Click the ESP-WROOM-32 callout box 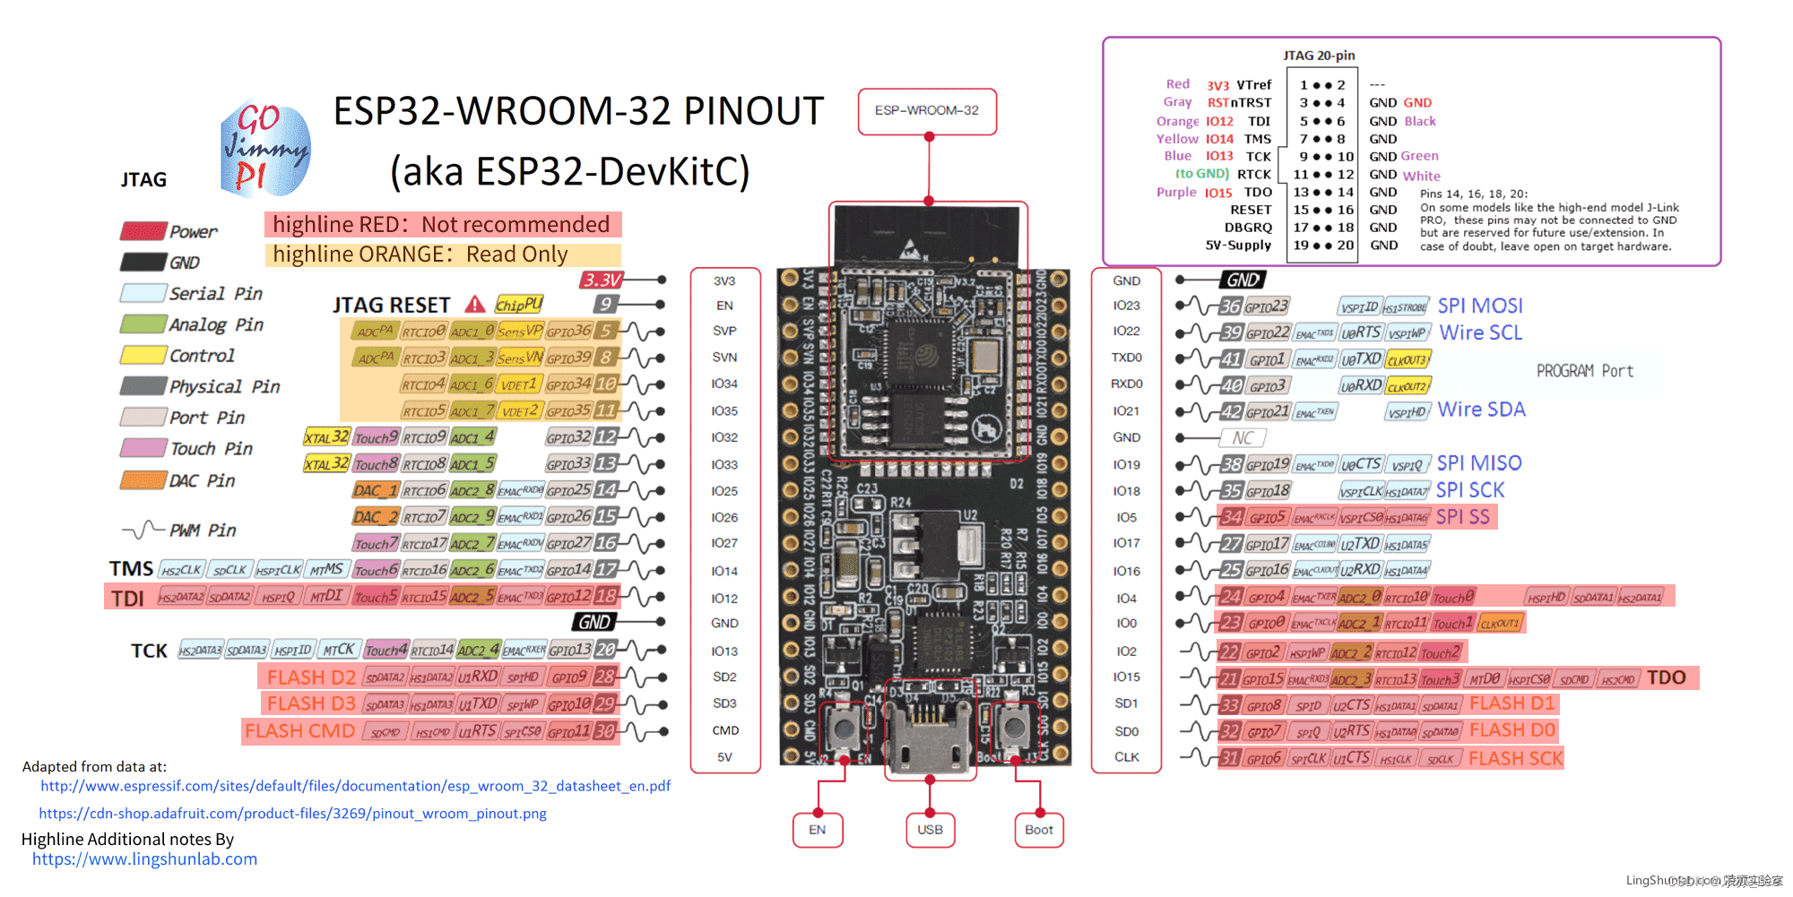pyautogui.click(x=927, y=111)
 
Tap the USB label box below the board pyautogui.click(x=930, y=830)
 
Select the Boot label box pyautogui.click(x=1039, y=830)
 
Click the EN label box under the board pyautogui.click(x=817, y=830)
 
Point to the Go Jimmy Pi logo pyautogui.click(x=265, y=149)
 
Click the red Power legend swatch pyautogui.click(x=143, y=231)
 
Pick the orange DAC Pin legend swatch pyautogui.click(x=143, y=480)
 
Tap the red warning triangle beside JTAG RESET pyautogui.click(x=475, y=305)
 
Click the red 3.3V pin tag pyautogui.click(x=602, y=280)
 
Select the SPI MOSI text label pyautogui.click(x=1480, y=306)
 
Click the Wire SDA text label pyautogui.click(x=1481, y=410)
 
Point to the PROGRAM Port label pyautogui.click(x=1584, y=371)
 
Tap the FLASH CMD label pyautogui.click(x=299, y=731)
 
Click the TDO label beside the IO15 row pyautogui.click(x=1666, y=678)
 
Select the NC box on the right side pyautogui.click(x=1243, y=438)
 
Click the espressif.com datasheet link pyautogui.click(x=355, y=786)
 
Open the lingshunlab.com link pyautogui.click(x=144, y=859)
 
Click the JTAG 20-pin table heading pyautogui.click(x=1319, y=56)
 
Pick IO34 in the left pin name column pyautogui.click(x=724, y=384)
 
